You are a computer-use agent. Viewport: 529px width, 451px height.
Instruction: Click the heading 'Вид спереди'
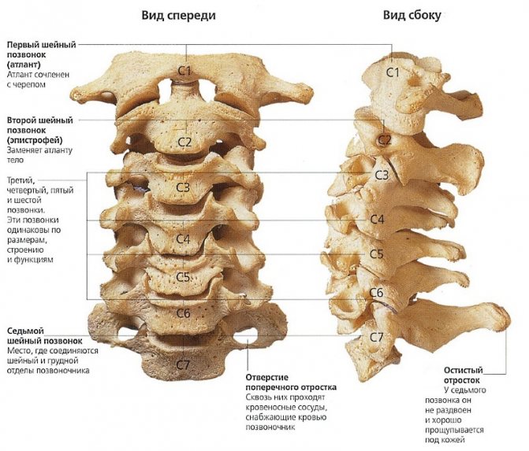[x=179, y=16]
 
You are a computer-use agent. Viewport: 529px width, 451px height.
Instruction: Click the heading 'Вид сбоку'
[x=412, y=16]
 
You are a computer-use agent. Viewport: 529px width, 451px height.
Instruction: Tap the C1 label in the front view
[x=184, y=71]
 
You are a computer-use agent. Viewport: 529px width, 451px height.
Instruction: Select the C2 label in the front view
[x=184, y=142]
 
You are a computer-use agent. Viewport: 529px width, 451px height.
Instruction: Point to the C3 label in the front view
[x=184, y=187]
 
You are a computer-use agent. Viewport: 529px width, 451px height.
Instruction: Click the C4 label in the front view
[x=184, y=238]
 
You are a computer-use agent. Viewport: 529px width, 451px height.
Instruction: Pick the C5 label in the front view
[x=184, y=277]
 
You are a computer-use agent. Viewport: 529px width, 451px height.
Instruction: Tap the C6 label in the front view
[x=184, y=313]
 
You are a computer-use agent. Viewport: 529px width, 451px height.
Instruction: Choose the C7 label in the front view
[x=184, y=364]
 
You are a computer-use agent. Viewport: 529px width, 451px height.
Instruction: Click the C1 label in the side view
[x=393, y=72]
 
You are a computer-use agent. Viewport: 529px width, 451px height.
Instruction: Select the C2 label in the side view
[x=385, y=140]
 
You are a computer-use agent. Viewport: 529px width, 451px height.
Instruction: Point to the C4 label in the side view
[x=377, y=220]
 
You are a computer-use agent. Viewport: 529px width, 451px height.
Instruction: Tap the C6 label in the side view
[x=377, y=293]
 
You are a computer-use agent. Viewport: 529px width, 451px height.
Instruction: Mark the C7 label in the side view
[x=378, y=337]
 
